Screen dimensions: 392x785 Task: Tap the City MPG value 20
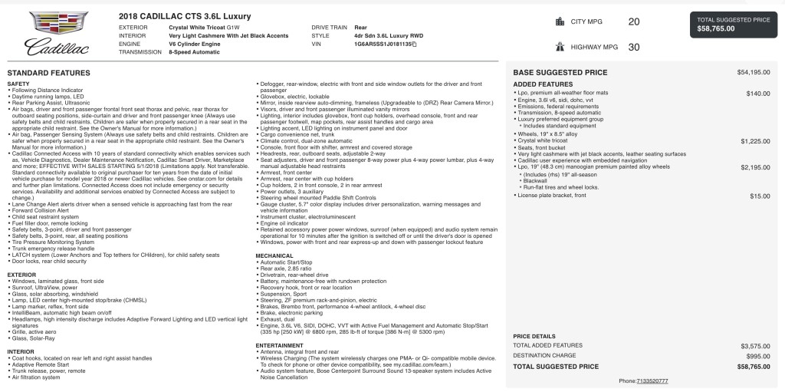[x=633, y=22]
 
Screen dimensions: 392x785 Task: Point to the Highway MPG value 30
[x=633, y=47]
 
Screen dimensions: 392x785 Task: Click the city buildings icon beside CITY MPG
[x=559, y=22]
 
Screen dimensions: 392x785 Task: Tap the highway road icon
[x=559, y=47]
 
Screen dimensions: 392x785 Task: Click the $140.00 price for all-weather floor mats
[x=758, y=93]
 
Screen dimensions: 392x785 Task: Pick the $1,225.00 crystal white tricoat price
[x=755, y=141]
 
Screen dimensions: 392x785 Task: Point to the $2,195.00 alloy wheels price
[x=755, y=166]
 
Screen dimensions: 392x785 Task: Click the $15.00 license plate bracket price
[x=760, y=196]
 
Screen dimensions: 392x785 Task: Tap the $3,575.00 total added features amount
[x=754, y=347]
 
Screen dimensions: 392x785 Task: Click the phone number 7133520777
[x=652, y=380]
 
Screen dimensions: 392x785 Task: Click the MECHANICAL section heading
[x=274, y=255]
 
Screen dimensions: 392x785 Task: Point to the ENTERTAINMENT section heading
[x=280, y=345]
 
